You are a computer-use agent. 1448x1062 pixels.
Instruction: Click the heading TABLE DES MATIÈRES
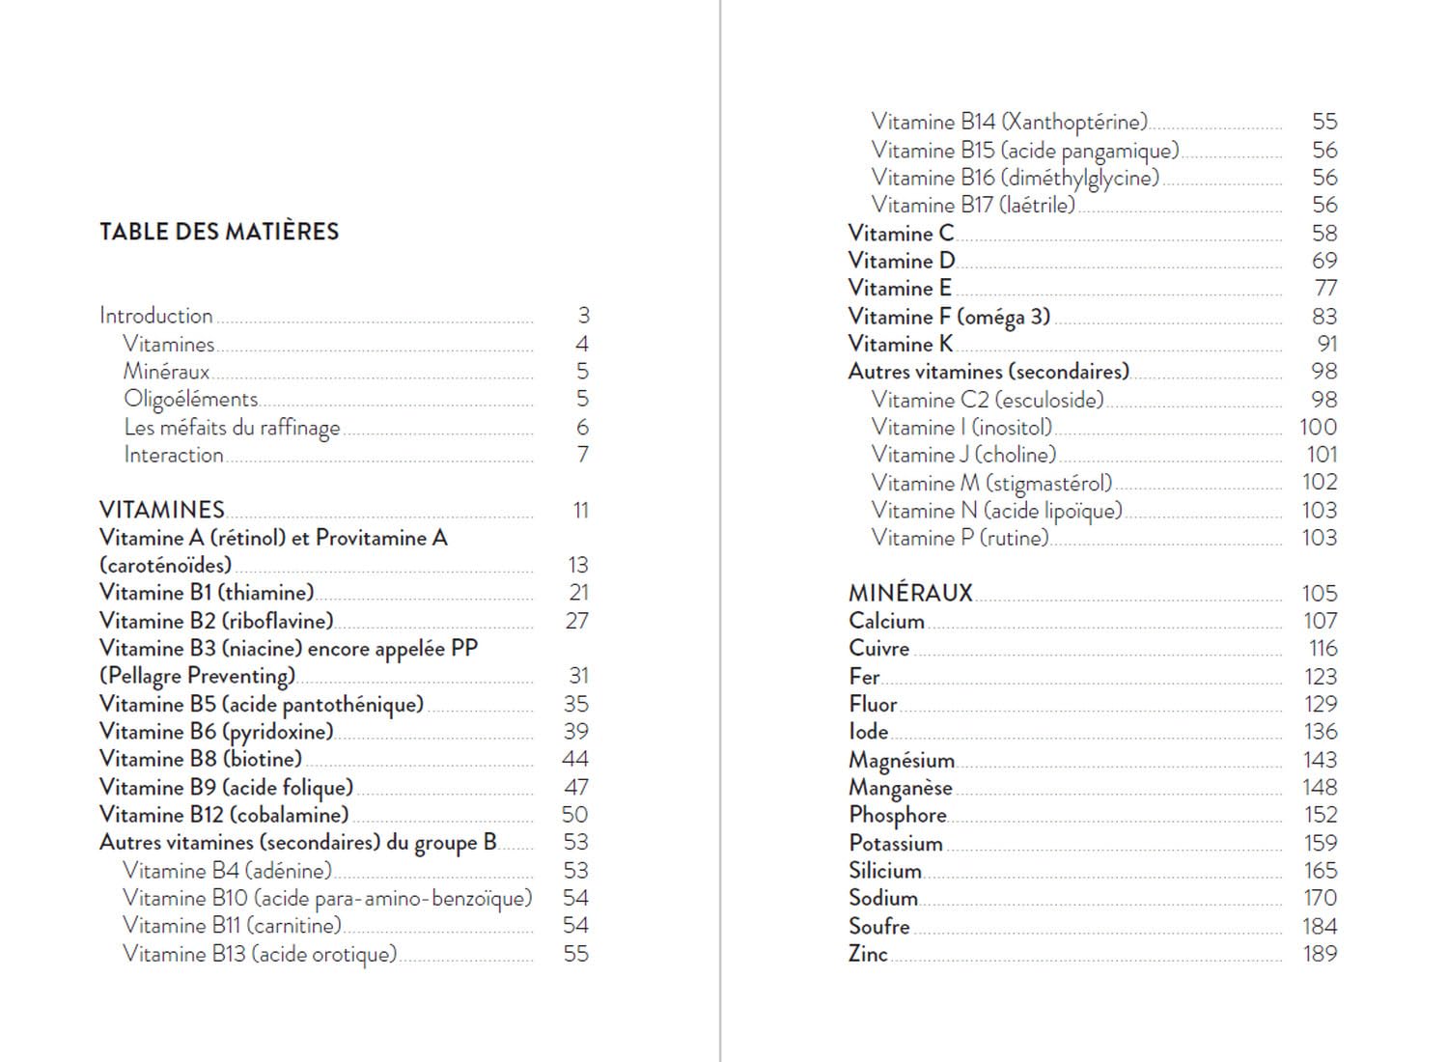[x=219, y=232]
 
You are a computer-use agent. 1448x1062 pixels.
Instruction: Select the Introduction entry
[x=156, y=316]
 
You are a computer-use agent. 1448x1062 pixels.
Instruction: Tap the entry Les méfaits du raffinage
[x=232, y=427]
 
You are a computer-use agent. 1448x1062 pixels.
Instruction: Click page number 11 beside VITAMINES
[x=580, y=510]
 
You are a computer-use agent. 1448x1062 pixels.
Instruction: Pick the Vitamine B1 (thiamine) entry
[x=207, y=593]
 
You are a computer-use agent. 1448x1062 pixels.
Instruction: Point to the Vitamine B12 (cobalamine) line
[x=224, y=815]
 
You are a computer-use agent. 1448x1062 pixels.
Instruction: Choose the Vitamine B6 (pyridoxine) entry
[x=216, y=732]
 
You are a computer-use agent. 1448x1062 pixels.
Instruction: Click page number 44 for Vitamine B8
[x=575, y=759]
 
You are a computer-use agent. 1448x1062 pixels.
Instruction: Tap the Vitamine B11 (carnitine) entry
[x=232, y=926]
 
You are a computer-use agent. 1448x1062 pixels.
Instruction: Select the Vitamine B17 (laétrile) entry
[x=973, y=205]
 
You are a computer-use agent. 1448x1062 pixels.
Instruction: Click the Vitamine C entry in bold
[x=901, y=234]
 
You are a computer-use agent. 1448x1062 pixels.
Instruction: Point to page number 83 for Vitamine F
[x=1324, y=317]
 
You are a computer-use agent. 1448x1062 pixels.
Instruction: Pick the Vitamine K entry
[x=901, y=344]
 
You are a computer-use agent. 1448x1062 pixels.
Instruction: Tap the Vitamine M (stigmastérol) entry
[x=991, y=483]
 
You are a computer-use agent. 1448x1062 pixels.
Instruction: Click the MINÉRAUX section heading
[x=910, y=593]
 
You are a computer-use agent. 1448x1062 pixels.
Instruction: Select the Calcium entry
[x=886, y=621]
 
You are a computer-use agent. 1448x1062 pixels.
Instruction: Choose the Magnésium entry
[x=902, y=761]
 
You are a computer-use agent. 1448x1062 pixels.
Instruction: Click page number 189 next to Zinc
[x=1320, y=954]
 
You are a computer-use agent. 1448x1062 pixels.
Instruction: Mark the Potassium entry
[x=896, y=843]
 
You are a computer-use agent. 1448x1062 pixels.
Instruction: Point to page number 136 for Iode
[x=1320, y=732]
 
